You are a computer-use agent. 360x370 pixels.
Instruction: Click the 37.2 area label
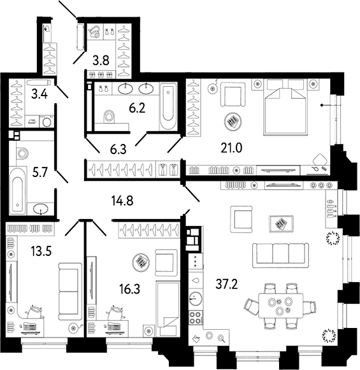pos(227,283)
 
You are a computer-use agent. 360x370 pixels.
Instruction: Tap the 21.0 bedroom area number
pos(231,148)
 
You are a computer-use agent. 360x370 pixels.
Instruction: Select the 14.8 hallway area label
pos(122,201)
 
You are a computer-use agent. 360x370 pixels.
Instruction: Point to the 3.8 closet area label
pos(101,60)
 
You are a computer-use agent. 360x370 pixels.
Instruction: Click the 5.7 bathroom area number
pos(40,173)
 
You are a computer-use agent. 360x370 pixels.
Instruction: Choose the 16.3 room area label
pos(129,289)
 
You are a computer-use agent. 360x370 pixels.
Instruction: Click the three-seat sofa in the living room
pos(280,255)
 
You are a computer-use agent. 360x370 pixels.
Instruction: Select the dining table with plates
pos(281,306)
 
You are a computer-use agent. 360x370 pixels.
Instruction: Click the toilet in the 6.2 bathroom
pos(109,117)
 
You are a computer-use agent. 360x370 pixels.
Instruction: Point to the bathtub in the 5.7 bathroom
pos(18,190)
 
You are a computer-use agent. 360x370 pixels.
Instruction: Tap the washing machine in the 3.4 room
pos(47,121)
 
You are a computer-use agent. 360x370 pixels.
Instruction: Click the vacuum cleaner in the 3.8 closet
pos(95,32)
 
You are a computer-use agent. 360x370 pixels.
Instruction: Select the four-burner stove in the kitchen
pos(196,317)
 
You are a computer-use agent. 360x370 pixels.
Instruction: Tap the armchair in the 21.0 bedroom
pos(233,94)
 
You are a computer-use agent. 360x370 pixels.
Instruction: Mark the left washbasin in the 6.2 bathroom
pos(125,89)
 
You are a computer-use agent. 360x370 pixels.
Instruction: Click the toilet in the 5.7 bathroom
pos(22,153)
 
